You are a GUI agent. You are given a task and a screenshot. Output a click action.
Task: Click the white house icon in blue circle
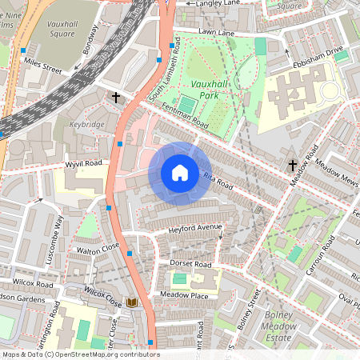pos(179,172)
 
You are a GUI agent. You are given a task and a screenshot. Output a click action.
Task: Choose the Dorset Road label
pos(190,264)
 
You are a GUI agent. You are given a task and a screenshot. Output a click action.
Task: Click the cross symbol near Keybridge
pos(116,98)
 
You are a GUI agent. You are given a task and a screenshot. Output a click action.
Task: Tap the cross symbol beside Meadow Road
pos(293,166)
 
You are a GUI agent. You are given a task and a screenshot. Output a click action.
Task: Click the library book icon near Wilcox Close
pos(132,302)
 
